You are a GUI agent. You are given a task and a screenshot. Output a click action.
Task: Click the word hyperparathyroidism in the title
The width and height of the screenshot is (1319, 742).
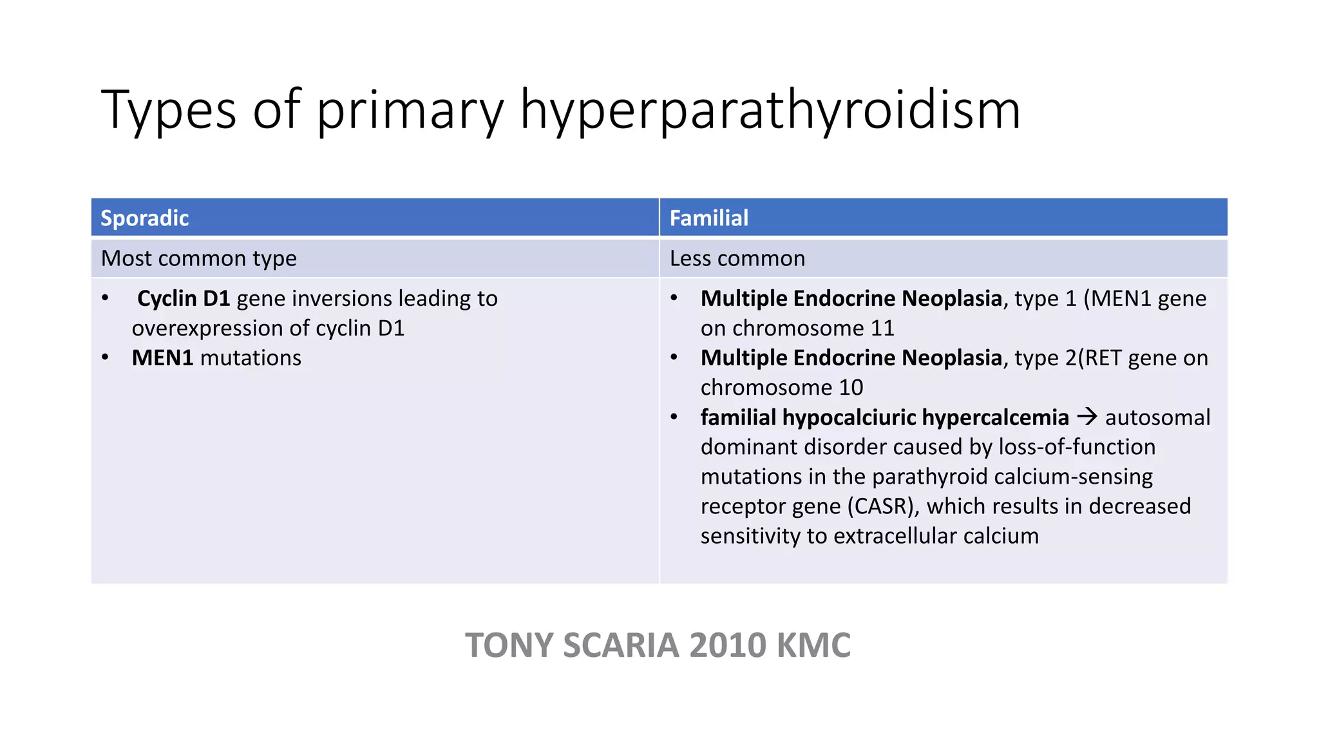point(770,111)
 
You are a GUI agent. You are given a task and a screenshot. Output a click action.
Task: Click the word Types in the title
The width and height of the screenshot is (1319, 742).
point(169,111)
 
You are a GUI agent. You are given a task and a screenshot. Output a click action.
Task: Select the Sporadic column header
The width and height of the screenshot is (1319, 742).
point(145,218)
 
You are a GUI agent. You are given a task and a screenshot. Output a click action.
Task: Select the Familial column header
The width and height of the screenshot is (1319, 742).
point(709,218)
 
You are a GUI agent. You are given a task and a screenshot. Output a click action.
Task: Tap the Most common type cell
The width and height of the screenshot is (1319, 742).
point(199,258)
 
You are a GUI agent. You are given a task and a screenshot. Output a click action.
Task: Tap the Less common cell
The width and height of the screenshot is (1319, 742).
point(737,258)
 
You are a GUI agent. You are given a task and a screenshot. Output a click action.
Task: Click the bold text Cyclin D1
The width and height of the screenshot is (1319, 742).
point(184,298)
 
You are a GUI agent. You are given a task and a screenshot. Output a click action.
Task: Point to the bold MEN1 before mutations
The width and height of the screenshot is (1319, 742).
point(162,358)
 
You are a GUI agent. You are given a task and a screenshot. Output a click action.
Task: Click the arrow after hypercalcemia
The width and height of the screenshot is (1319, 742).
point(1087,417)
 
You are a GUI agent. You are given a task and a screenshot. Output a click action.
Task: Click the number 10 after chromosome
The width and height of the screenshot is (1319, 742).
point(851,388)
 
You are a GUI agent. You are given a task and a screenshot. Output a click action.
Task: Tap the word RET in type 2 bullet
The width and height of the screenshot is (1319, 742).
point(1103,358)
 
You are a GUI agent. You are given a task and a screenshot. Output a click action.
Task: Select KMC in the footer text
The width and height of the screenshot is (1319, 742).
point(814,645)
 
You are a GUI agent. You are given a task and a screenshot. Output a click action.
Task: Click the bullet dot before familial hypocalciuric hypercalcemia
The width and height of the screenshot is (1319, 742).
point(674,417)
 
